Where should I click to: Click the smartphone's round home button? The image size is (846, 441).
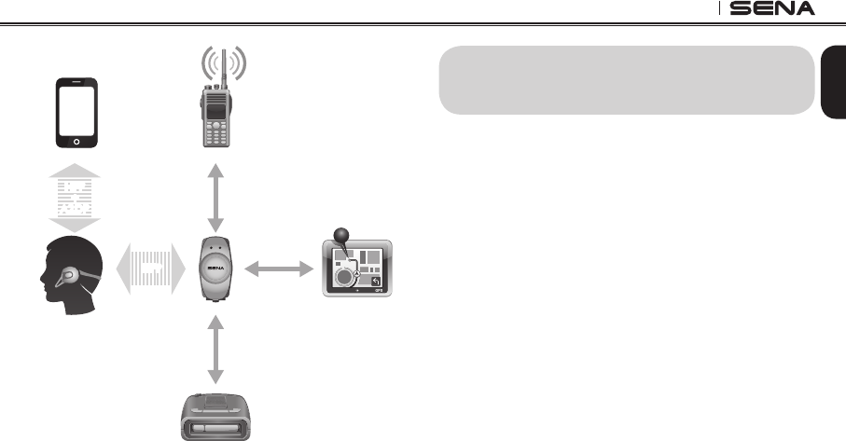76,142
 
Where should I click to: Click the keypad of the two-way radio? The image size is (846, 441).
216,135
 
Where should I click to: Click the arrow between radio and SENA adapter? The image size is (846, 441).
216,199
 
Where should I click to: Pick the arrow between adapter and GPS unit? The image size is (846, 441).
277,269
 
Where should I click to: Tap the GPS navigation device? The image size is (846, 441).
358,269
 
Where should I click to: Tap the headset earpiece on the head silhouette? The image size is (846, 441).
66,277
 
